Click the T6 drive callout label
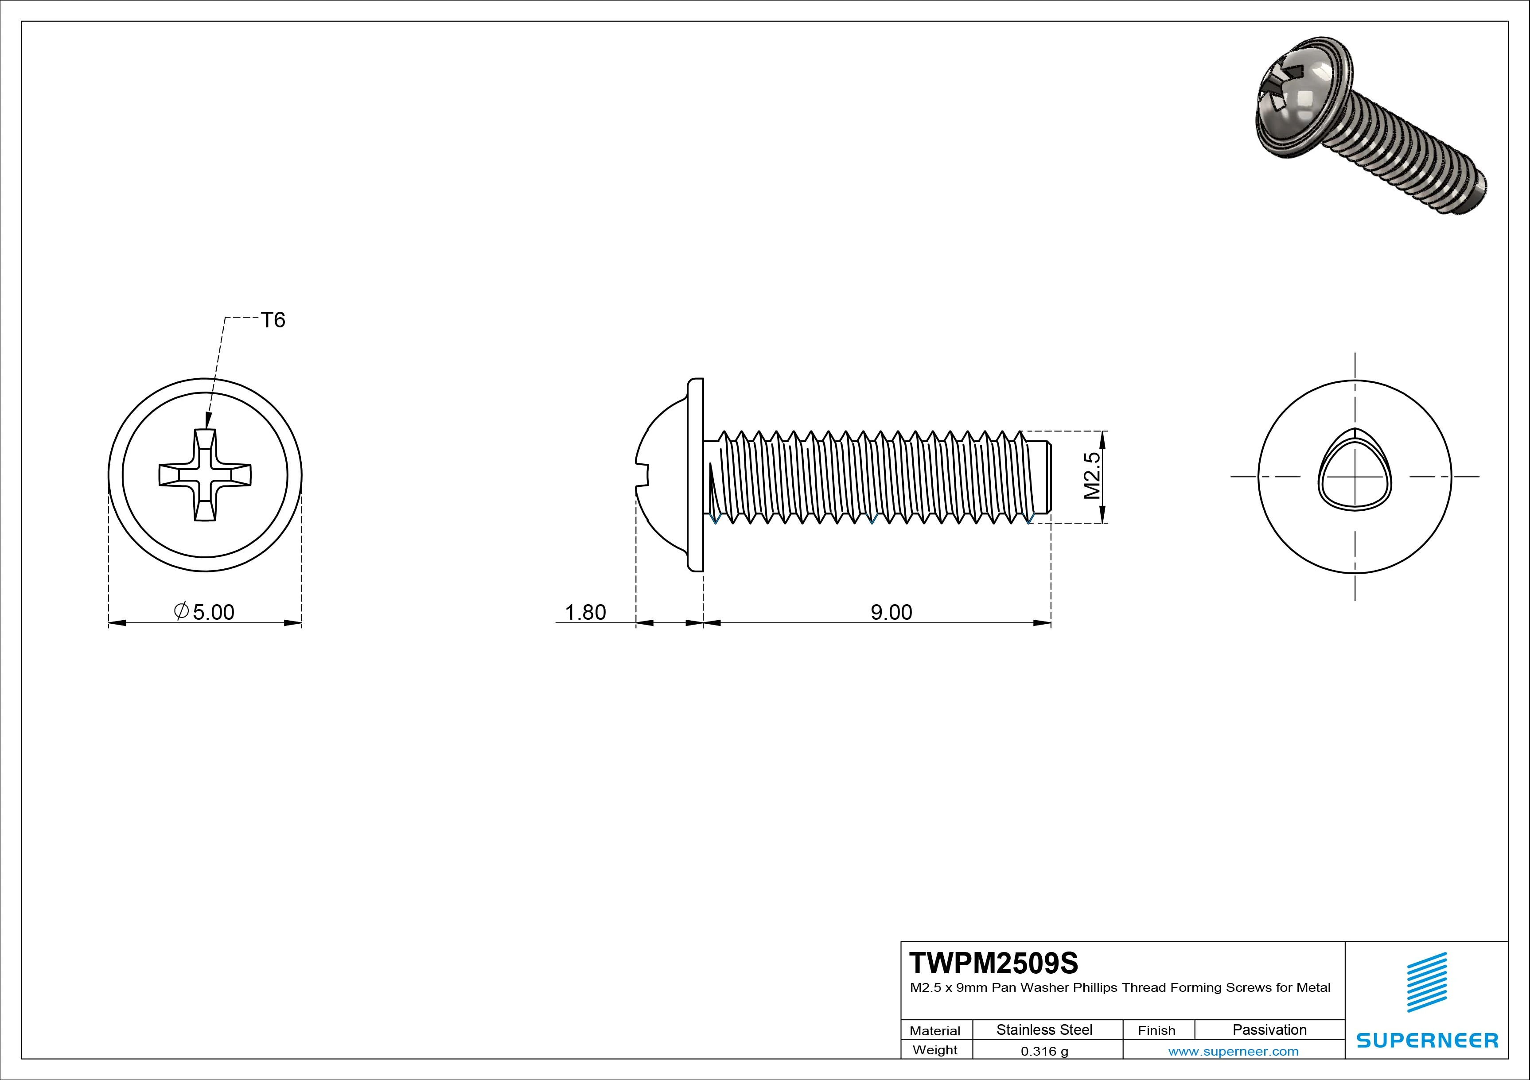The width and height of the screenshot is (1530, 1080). (x=273, y=320)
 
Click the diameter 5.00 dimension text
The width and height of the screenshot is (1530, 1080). (x=205, y=612)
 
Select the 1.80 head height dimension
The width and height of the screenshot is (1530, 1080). (x=585, y=612)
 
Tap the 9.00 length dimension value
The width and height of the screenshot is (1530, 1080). (x=891, y=612)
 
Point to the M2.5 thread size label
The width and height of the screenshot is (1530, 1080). (x=1091, y=476)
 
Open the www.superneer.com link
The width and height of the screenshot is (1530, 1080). (x=1233, y=1051)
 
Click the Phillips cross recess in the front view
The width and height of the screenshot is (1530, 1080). (x=205, y=474)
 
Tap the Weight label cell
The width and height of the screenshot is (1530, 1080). (x=935, y=1050)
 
